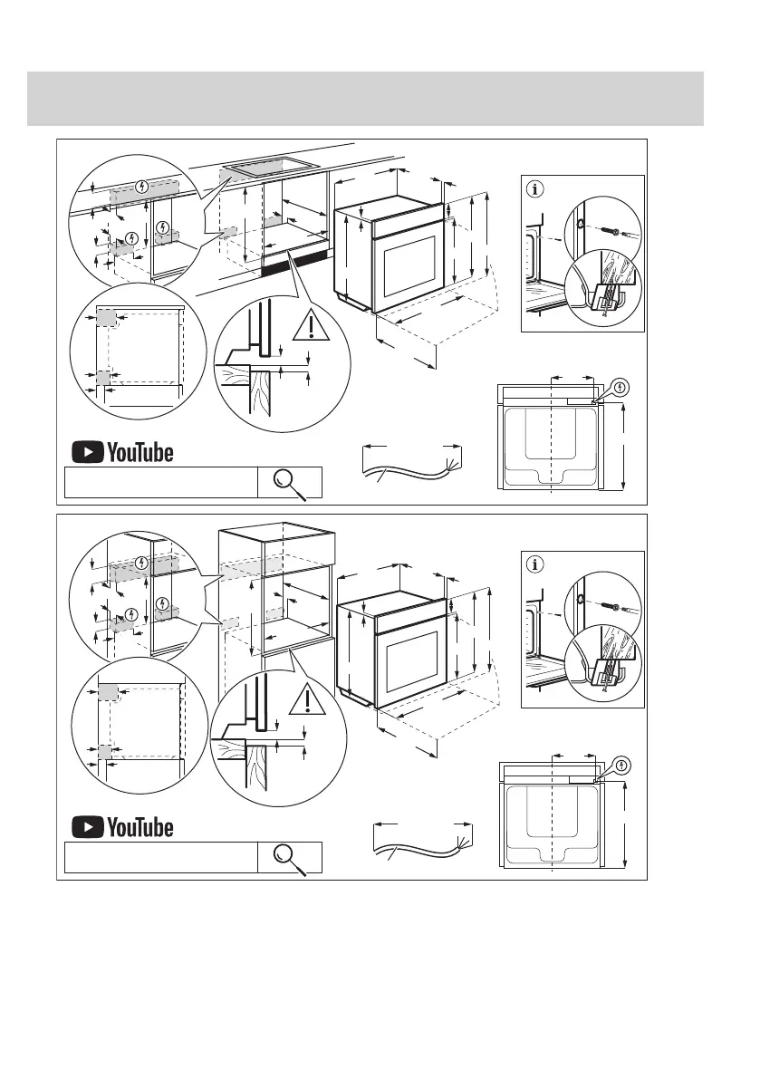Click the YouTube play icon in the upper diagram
[87, 451]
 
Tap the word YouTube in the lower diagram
[139, 827]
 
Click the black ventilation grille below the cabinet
[294, 264]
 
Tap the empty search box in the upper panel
[159, 483]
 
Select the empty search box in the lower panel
[159, 857]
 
